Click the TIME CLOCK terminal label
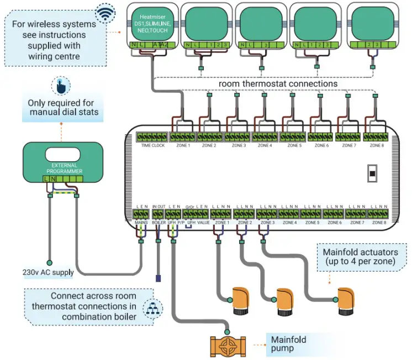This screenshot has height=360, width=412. [153, 146]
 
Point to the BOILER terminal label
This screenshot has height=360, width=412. [159, 223]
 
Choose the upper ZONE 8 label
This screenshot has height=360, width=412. [376, 146]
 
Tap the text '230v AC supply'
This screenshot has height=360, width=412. [49, 272]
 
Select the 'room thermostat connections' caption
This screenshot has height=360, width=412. [278, 84]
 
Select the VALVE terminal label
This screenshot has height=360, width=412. [203, 223]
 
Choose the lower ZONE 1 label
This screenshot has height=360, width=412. [222, 223]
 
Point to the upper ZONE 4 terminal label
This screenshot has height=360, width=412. [266, 146]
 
